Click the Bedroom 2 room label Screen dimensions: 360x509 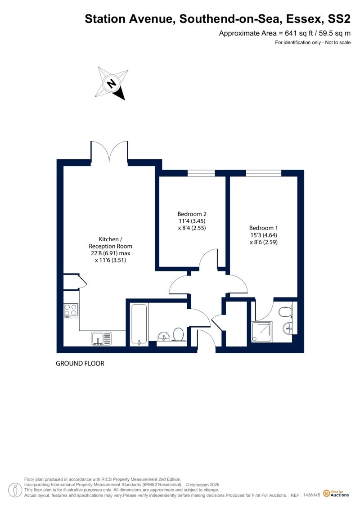[x=192, y=214]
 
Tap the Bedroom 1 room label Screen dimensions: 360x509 [x=264, y=228]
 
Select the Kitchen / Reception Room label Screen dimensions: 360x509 [x=110, y=243]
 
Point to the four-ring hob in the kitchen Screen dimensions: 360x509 [x=71, y=310]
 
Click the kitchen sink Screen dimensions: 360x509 [x=101, y=338]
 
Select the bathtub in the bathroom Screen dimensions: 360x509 [x=139, y=324]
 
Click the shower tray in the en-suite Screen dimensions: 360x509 [x=262, y=332]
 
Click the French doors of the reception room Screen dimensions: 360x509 [x=109, y=151]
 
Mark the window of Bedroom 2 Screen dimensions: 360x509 [x=201, y=173]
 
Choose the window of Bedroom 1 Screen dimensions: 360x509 [x=264, y=173]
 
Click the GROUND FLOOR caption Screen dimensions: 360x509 [x=80, y=364]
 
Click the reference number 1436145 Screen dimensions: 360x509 [x=312, y=495]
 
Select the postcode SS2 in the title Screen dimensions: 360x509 [x=339, y=19]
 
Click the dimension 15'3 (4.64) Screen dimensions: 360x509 [x=264, y=235]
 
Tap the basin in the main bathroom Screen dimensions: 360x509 [x=163, y=336]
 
